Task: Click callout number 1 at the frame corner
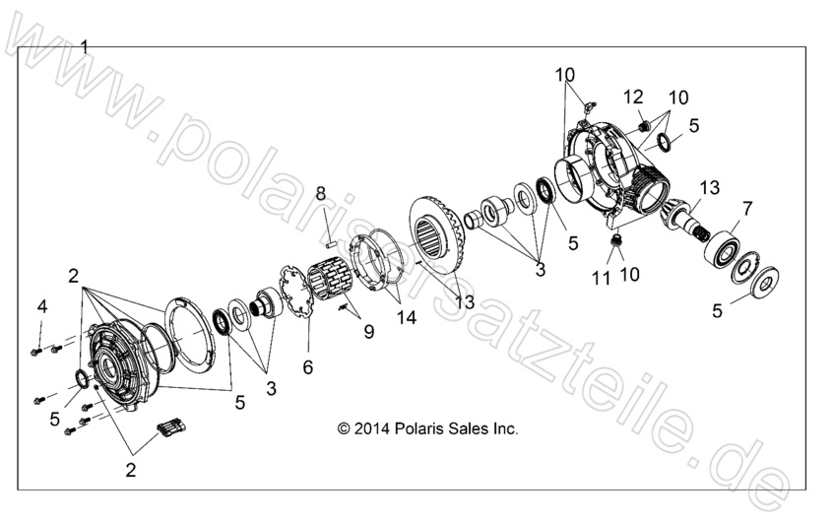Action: coord(85,46)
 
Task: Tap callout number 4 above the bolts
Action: coord(42,306)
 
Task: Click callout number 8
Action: coord(320,193)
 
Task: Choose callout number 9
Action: coord(368,332)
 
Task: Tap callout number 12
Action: coord(633,97)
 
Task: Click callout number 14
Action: coord(405,319)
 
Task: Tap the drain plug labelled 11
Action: coord(617,241)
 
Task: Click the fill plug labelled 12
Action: coord(641,124)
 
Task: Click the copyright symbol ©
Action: coord(343,428)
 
